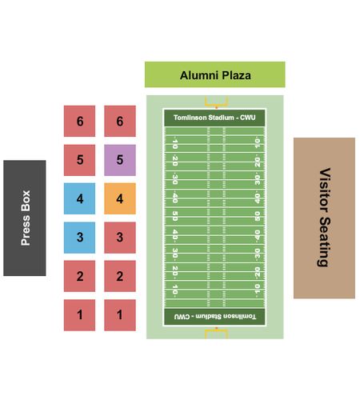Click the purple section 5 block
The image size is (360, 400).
click(120, 160)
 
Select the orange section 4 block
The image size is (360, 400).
click(120, 198)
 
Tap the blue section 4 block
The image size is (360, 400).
click(79, 198)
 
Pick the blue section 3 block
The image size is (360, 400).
click(79, 238)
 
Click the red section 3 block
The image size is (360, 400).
click(120, 238)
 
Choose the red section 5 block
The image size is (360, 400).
click(79, 160)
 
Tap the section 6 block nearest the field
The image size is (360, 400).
click(120, 121)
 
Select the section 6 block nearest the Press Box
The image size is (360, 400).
click(79, 121)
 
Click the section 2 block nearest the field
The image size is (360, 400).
click(120, 276)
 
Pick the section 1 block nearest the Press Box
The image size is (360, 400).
click(79, 315)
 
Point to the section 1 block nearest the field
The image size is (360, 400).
click(120, 315)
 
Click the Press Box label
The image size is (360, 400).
click(26, 218)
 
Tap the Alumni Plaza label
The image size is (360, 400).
click(215, 75)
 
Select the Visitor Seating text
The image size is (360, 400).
click(325, 218)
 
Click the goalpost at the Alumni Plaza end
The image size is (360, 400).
click(216, 102)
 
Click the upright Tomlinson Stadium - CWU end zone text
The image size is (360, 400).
click(214, 118)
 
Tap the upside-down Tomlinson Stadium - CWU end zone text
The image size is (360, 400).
click(215, 317)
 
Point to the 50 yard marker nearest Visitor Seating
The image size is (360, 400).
click(257, 216)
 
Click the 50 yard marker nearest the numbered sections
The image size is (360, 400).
click(175, 216)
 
